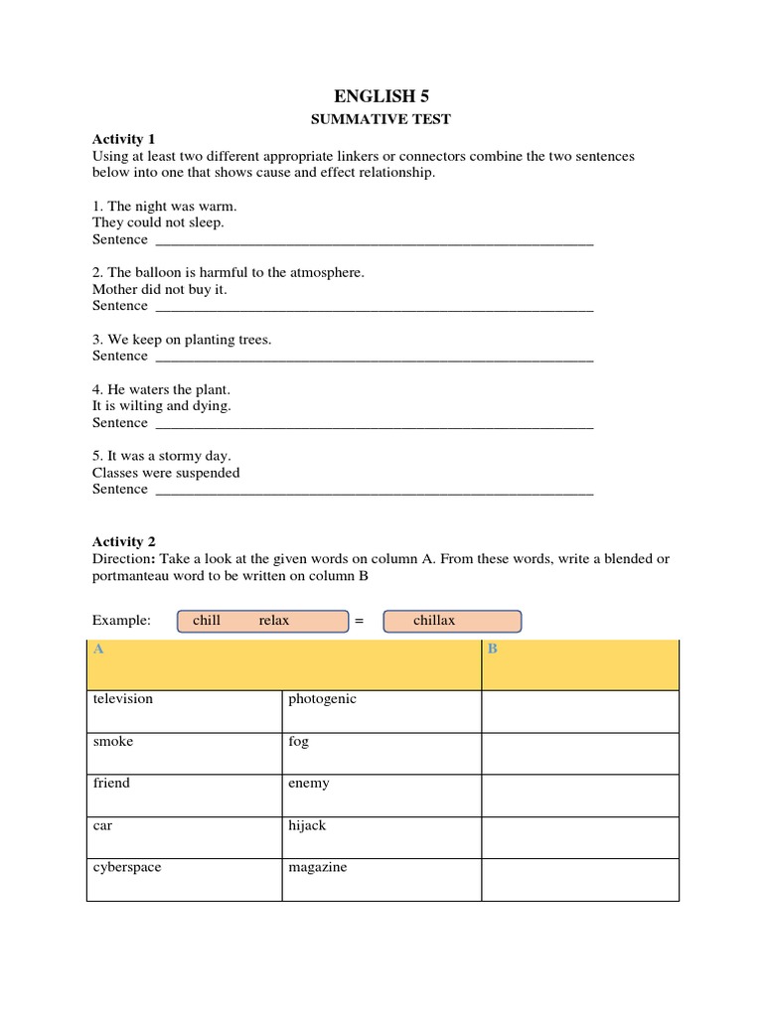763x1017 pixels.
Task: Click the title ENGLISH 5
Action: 381,96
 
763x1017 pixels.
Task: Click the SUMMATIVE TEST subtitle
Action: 381,119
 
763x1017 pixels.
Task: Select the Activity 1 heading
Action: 124,139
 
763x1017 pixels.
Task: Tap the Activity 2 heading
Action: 124,542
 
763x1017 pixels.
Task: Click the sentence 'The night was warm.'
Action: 165,207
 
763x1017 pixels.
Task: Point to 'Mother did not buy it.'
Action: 160,289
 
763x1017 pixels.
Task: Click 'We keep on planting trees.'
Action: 182,340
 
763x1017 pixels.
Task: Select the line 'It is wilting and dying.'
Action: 162,406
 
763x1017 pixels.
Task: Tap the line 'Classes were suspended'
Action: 166,473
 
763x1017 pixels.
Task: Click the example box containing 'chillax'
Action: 451,621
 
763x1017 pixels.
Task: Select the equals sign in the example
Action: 360,621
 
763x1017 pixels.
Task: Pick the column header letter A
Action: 98,650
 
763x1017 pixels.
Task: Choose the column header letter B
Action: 492,650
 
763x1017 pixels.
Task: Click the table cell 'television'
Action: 123,699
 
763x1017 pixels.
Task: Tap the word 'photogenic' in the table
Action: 322,699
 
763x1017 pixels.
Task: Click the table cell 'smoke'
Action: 113,742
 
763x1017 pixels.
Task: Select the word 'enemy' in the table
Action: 309,784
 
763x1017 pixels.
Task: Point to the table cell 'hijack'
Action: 307,825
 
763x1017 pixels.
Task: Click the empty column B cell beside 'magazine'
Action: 579,879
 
